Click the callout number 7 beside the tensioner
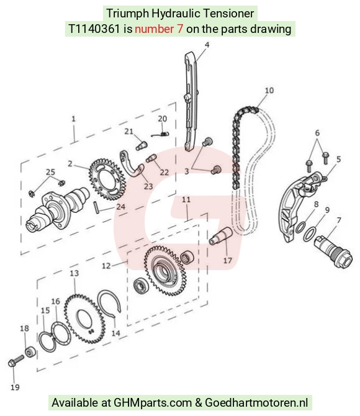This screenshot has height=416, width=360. (339, 220)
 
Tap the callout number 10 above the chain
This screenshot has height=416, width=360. (269, 91)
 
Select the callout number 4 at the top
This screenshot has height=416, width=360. (207, 45)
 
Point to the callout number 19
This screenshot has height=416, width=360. (15, 387)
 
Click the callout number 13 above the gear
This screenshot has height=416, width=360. (74, 273)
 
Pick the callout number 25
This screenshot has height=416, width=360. (50, 172)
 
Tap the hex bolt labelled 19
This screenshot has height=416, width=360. (16, 361)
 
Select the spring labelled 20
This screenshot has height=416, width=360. (161, 134)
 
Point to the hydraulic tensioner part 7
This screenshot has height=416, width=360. (333, 251)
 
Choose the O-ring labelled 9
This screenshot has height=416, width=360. (310, 233)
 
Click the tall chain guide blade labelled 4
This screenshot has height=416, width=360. (191, 102)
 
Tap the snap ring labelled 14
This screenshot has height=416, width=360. (109, 302)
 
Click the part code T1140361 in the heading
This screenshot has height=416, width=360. (94, 29)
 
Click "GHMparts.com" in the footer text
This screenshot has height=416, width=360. (153, 403)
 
